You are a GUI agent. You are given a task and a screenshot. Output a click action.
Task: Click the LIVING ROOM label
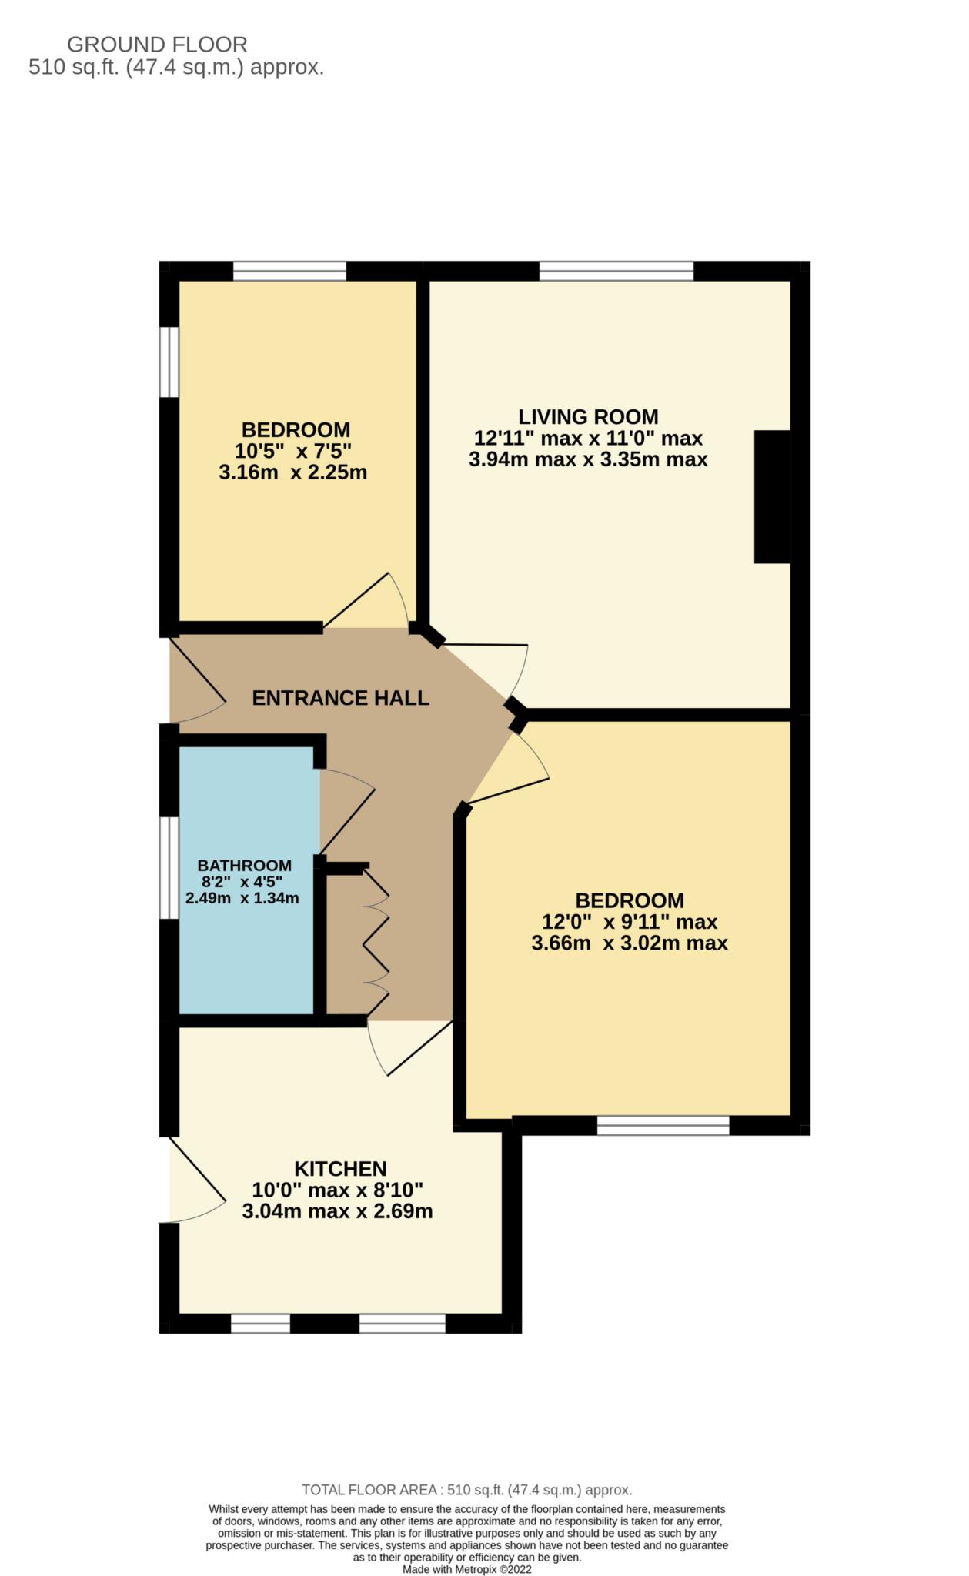point(588,417)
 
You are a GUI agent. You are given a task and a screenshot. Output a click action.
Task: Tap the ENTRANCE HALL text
point(340,698)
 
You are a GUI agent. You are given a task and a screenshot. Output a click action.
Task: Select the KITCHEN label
point(340,1169)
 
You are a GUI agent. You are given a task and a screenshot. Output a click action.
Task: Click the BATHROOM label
point(244,866)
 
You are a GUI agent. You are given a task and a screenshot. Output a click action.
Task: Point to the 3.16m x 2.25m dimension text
point(292,472)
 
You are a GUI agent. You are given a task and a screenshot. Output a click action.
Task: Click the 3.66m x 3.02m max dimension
point(629,943)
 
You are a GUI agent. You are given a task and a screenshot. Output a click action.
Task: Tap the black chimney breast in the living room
point(772,497)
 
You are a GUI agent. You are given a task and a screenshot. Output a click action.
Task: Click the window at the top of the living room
point(616,271)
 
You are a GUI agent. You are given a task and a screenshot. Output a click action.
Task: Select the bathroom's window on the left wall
point(169,867)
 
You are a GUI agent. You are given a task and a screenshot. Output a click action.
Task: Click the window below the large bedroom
point(663,1126)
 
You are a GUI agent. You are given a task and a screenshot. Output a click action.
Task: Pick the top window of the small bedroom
point(289,271)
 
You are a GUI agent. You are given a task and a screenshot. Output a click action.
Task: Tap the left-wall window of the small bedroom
point(169,362)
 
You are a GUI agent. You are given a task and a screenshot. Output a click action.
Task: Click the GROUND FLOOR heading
point(157,45)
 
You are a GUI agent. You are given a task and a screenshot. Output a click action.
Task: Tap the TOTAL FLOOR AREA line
point(466,1490)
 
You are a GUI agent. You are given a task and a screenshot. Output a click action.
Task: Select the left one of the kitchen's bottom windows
point(260,1323)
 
